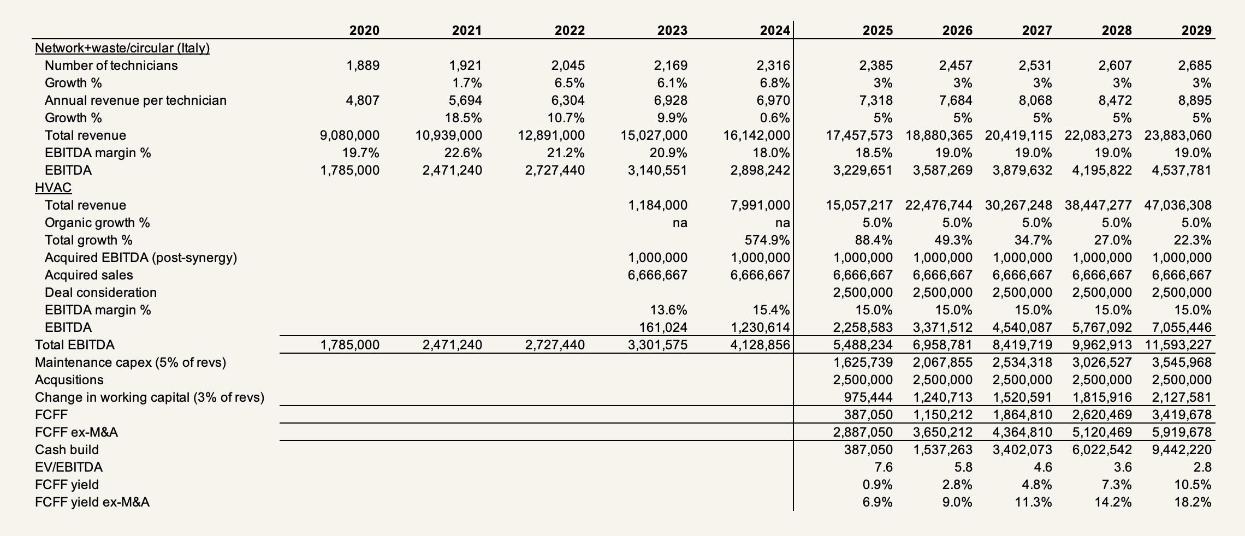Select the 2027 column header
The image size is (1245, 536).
click(1036, 31)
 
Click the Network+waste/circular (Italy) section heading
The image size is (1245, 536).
click(122, 48)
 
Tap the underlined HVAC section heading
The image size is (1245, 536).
click(53, 188)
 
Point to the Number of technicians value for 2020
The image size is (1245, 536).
click(363, 65)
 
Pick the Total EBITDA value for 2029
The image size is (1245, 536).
click(1177, 345)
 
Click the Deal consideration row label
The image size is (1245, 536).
click(100, 293)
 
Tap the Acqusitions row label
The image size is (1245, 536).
click(69, 380)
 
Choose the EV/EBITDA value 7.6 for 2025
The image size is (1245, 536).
click(882, 467)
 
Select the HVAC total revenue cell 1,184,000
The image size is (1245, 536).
click(657, 205)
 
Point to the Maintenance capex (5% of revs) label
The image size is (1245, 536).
click(130, 362)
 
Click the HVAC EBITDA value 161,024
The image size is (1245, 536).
click(663, 327)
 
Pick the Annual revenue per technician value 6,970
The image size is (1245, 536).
click(770, 100)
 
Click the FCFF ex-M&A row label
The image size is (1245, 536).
click(76, 432)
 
